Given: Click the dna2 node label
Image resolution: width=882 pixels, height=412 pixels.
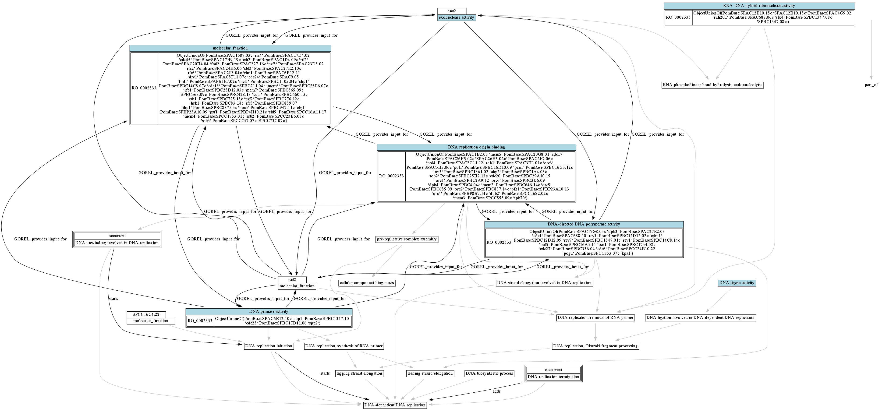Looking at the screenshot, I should coord(452,11).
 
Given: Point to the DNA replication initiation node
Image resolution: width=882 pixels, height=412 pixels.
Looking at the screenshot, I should coord(269,346).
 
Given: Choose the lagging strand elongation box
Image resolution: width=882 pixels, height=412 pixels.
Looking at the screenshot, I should coord(359,373).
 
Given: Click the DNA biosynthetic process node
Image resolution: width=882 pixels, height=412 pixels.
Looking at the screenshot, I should coord(489,373).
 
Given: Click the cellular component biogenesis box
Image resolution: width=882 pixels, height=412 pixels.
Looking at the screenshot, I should coord(367,283).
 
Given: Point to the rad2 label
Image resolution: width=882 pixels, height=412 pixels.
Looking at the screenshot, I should coord(292,280).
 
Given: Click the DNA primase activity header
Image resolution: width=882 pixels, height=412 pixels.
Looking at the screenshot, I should coord(269,311).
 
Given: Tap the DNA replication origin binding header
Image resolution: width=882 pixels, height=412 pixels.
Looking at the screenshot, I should coord(476,147).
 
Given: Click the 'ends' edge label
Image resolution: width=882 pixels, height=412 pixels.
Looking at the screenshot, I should coord(496,391).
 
